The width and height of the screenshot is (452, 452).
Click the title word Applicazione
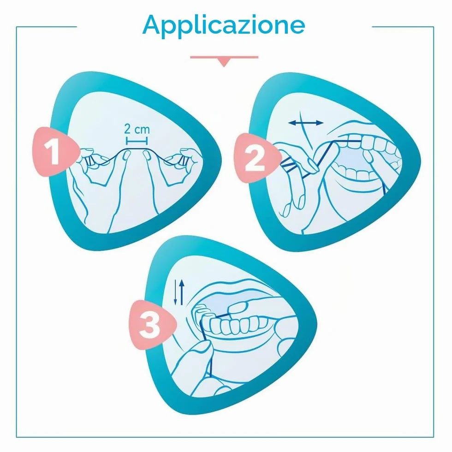click(224, 25)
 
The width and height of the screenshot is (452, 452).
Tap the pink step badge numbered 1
click(55, 151)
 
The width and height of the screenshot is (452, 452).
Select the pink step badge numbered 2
click(256, 158)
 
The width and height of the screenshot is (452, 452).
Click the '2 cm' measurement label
click(137, 129)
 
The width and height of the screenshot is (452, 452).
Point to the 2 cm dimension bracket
click(137, 141)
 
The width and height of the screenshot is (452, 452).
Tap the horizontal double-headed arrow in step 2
click(306, 123)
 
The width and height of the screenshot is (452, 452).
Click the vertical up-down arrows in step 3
click(179, 292)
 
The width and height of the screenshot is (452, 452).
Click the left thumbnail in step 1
click(126, 155)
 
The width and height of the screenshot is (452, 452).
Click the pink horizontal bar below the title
click(224, 57)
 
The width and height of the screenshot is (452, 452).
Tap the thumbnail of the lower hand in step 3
click(201, 348)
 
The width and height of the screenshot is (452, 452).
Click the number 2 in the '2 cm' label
click(127, 129)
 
